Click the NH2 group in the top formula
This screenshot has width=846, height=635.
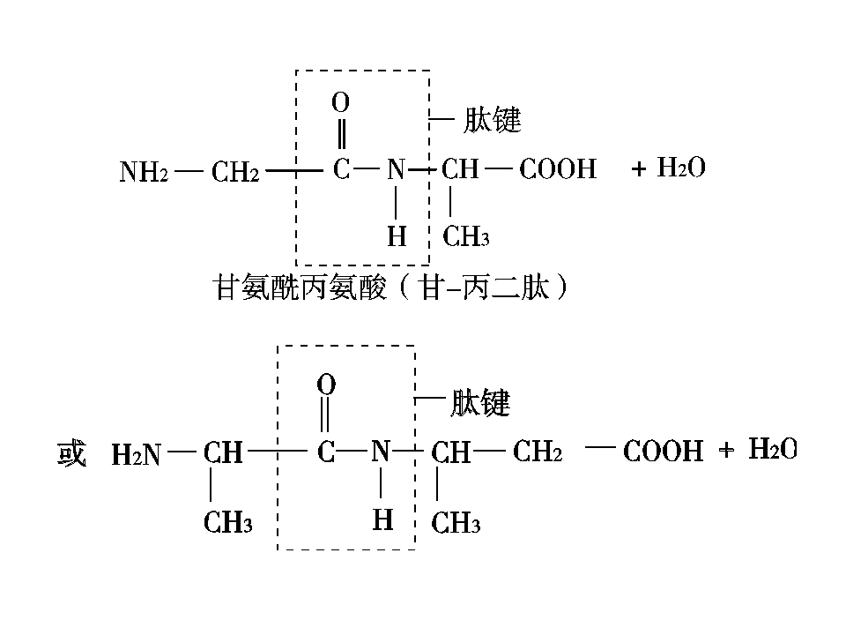coord(144,172)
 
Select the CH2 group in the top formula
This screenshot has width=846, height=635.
coord(235,172)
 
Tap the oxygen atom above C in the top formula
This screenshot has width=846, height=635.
coord(340,102)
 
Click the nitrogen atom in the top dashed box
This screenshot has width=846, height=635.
coord(396,169)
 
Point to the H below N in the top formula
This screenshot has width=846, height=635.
coord(397,236)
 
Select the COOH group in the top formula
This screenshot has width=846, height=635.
coord(558,169)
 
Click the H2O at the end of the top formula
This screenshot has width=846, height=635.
coord(681,167)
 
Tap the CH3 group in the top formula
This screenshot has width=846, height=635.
coord(465,236)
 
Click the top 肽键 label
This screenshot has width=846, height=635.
coord(492,119)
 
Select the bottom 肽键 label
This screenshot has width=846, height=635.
coord(480,402)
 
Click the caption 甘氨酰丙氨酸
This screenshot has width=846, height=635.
coord(300,287)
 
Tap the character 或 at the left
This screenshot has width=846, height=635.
coord(71,453)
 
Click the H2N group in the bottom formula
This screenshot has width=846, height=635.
coord(136,454)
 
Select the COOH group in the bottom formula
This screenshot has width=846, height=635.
coord(663,451)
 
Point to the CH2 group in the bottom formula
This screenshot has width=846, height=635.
coord(538,451)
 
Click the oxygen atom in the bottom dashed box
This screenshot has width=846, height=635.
coord(326,385)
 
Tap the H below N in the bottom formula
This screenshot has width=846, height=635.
coord(382,519)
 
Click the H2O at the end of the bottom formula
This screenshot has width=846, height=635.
coord(773,449)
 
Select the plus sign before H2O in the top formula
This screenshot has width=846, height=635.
coord(639,169)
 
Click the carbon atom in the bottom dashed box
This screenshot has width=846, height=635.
coord(325,452)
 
